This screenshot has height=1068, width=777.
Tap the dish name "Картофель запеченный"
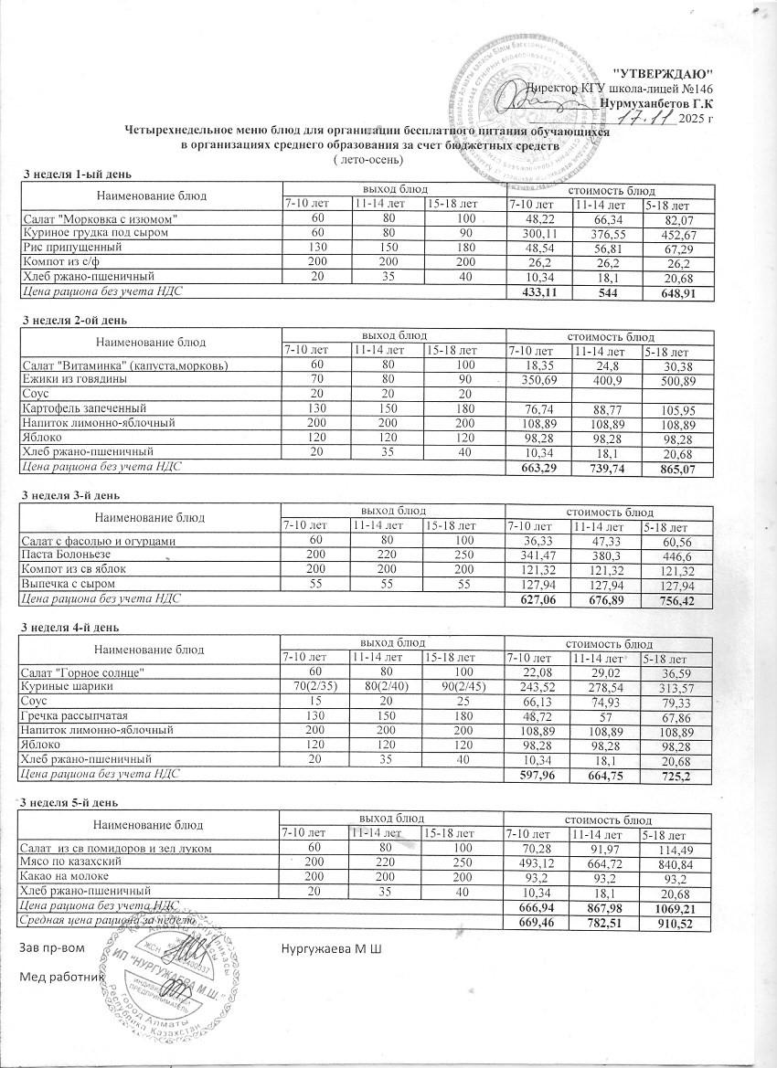coord(83,408)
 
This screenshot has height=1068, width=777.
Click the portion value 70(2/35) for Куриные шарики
coord(316,687)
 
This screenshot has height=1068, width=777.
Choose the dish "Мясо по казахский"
coord(72,862)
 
